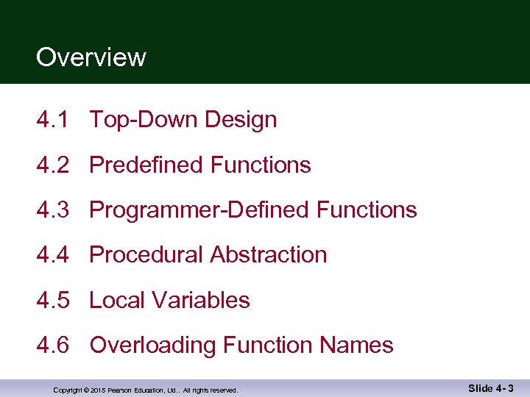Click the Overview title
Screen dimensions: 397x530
click(91, 57)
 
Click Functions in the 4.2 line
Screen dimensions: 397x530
click(261, 165)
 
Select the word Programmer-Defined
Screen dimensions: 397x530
click(199, 210)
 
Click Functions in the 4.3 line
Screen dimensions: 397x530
click(367, 210)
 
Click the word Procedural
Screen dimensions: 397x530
click(146, 255)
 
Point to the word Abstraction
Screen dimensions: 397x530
click(269, 255)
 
